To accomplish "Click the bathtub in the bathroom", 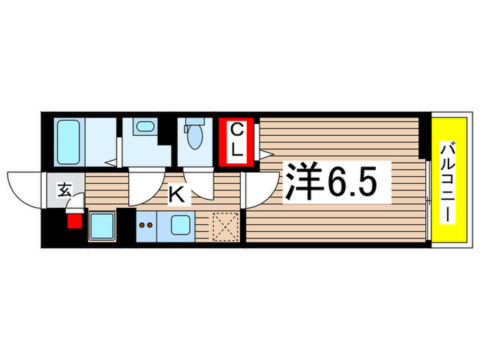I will coord(68,142).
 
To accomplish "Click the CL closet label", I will coord(236,141).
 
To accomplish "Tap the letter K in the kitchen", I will coord(176,195).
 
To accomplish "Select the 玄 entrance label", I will coord(63,190).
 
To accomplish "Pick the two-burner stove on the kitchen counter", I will coord(145,224).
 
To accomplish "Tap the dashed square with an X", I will coord(224,226).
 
